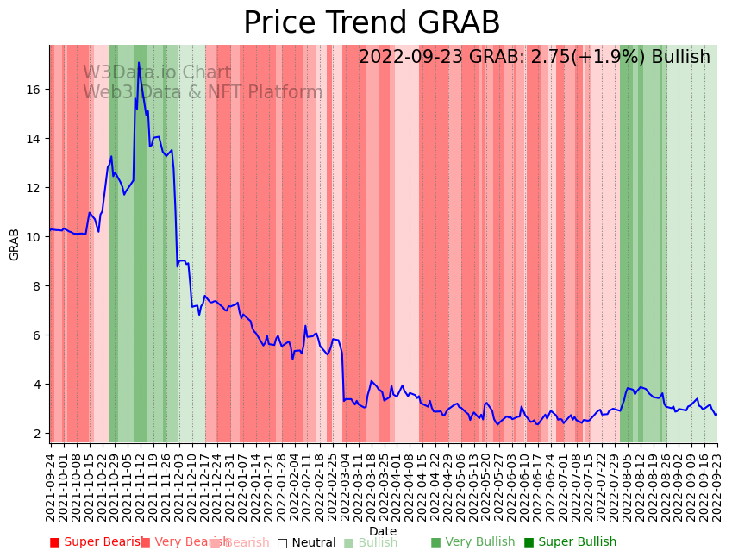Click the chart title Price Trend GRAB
372,23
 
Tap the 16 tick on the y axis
35,90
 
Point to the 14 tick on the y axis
35,139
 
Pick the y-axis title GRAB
15,244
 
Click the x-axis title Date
383,531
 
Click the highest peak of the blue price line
139,62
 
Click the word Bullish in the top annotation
680,58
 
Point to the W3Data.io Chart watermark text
157,73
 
